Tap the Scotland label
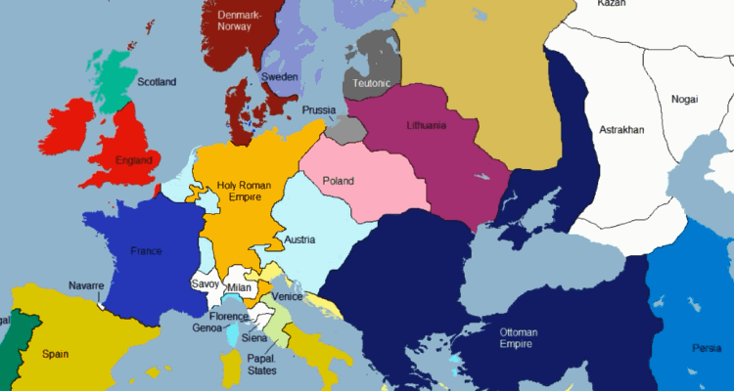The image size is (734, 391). point(157,82)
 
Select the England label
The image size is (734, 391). point(132,159)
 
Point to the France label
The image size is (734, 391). point(146,251)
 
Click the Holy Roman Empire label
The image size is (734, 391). point(240,191)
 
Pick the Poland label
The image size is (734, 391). point(338,181)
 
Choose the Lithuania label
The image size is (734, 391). point(426,125)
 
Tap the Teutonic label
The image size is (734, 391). point(373,84)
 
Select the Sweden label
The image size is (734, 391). point(279,77)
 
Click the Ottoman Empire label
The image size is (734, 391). point(519,337)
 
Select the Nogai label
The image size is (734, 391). point(684,99)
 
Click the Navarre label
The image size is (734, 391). point(86,285)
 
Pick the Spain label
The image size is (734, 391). point(56,354)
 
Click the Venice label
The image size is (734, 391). point(288,296)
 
